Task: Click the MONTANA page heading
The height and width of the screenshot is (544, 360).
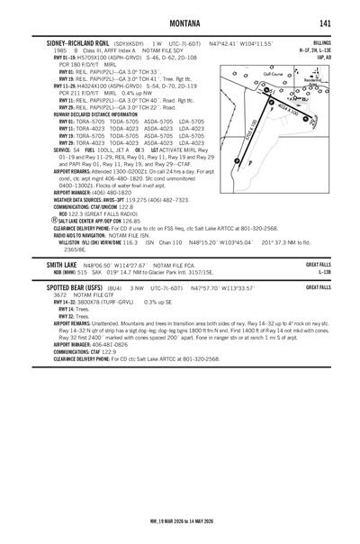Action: pyautogui.click(x=179, y=23)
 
